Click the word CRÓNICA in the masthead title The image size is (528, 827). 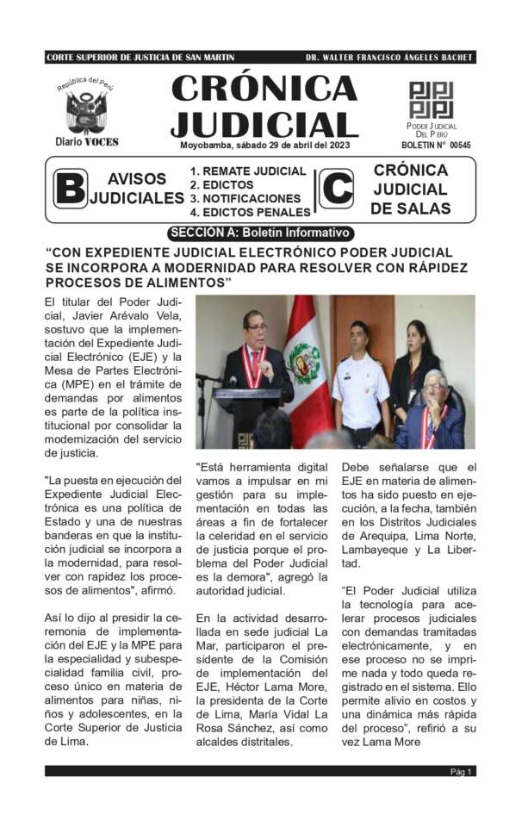[x=264, y=88]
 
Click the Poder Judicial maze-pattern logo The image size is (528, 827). [x=431, y=100]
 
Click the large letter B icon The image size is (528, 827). [x=70, y=190]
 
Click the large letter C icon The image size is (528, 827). [x=336, y=189]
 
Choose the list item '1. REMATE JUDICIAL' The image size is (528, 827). [x=248, y=171]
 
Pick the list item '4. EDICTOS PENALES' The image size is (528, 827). [x=250, y=212]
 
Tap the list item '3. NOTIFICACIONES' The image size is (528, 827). [x=245, y=198]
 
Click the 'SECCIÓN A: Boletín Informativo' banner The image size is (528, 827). [x=260, y=233]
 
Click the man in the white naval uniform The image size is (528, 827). [x=359, y=379]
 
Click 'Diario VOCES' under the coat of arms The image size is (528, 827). [x=86, y=141]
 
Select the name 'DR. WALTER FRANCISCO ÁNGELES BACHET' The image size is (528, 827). [x=388, y=58]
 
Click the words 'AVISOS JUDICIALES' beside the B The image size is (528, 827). [x=137, y=189]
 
